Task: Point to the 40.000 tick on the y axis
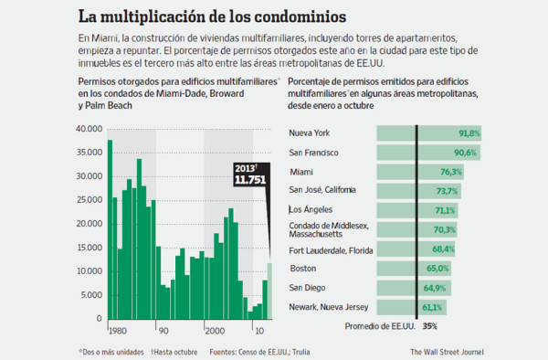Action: [91, 130]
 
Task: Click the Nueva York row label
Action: [310, 133]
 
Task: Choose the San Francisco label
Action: [314, 153]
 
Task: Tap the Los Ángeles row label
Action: [311, 209]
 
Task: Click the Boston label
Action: [303, 269]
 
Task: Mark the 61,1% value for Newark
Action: [433, 307]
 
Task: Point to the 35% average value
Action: [429, 326]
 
